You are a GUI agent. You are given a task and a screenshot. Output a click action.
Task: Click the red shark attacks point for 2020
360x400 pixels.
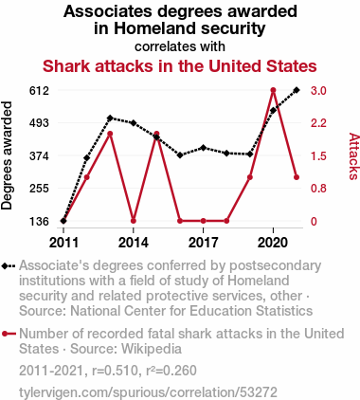pos(274,90)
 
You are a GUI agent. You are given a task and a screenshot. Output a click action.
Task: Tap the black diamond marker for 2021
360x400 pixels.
pos(297,90)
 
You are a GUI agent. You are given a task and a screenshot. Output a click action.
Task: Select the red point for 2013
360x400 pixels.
pos(110,134)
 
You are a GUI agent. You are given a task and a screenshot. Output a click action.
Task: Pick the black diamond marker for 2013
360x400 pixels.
pos(110,118)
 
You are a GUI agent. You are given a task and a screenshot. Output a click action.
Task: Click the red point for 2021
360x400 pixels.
pos(297,177)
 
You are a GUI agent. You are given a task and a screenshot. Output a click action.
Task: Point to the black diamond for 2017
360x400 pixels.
pos(204,148)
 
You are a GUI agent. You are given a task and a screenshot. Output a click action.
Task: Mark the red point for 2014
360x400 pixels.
pos(134,221)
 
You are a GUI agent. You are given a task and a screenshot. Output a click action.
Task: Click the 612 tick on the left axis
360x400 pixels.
pos(39,91)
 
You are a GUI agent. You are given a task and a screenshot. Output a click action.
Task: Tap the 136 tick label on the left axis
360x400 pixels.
pos(39,222)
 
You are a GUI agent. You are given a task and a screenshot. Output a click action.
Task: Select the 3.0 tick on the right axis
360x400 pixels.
pos(318,91)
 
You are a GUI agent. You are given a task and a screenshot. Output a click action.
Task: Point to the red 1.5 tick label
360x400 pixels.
pos(318,156)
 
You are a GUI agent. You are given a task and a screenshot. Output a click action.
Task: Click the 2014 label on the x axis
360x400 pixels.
pos(134,243)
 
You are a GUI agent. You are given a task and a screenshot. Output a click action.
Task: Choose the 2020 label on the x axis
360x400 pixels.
pos(273,243)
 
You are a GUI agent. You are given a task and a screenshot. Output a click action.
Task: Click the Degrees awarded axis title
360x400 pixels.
pos(7,155)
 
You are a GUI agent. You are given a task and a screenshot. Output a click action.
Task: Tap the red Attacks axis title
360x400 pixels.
pos(353,156)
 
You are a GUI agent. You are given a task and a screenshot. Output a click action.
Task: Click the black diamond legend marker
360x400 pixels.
pos(9,266)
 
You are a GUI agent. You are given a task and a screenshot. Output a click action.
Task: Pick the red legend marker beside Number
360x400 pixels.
pos(9,334)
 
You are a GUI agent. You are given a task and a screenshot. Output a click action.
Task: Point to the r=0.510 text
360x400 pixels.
pos(115,371)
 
